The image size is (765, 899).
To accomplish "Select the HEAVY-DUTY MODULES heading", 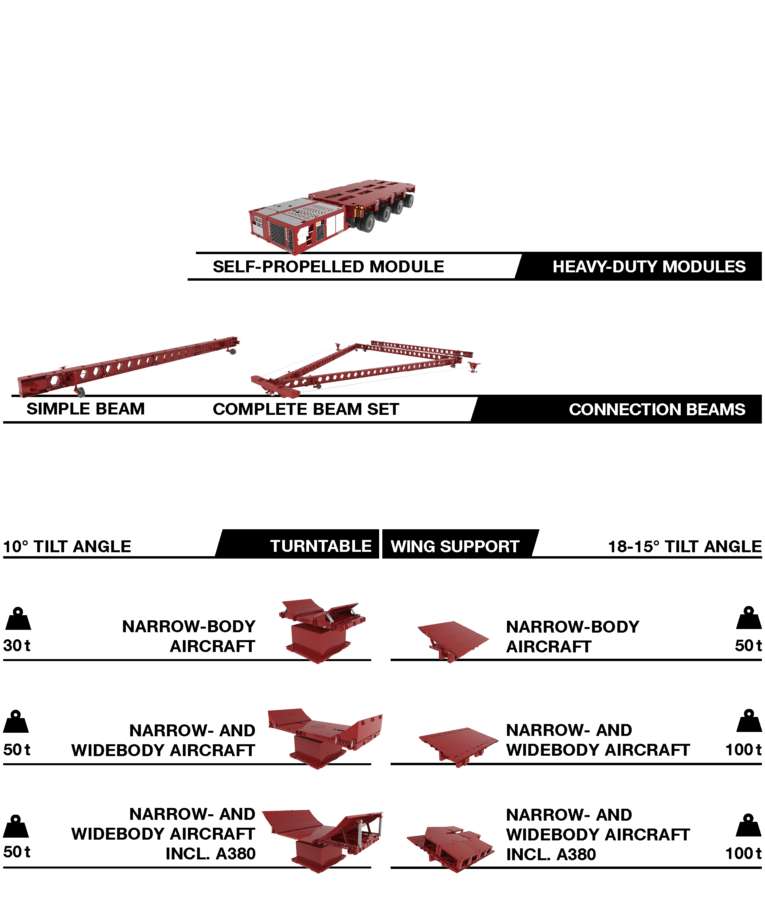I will point(648,266).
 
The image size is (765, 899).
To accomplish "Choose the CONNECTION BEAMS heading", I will point(657,409).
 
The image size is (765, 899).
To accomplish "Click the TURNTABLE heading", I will point(321,546).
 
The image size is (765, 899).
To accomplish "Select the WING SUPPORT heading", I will point(454,546).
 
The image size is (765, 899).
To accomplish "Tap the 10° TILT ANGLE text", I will point(67,546).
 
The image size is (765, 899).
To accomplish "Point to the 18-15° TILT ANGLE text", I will point(684,546).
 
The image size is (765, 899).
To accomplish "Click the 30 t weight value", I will point(17,645).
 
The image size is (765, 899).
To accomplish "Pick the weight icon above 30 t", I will point(18,619).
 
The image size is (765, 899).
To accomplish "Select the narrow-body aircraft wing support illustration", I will point(452,640).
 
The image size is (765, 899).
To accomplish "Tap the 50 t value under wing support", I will point(748,645).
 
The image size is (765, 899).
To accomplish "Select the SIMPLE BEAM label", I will point(85,409).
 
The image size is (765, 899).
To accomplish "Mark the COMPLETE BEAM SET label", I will point(306,409).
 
